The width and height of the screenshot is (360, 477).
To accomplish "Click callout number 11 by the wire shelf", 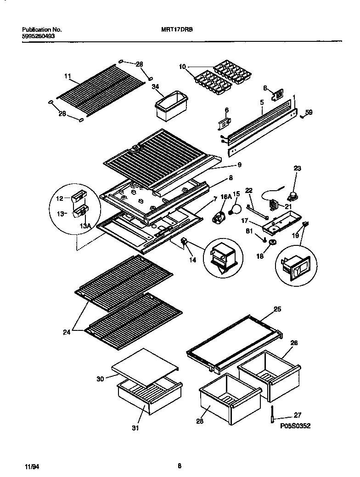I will [67, 76].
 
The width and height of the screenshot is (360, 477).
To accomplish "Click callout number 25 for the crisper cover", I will [277, 310].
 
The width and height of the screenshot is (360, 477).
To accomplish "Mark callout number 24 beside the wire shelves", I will [67, 331].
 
